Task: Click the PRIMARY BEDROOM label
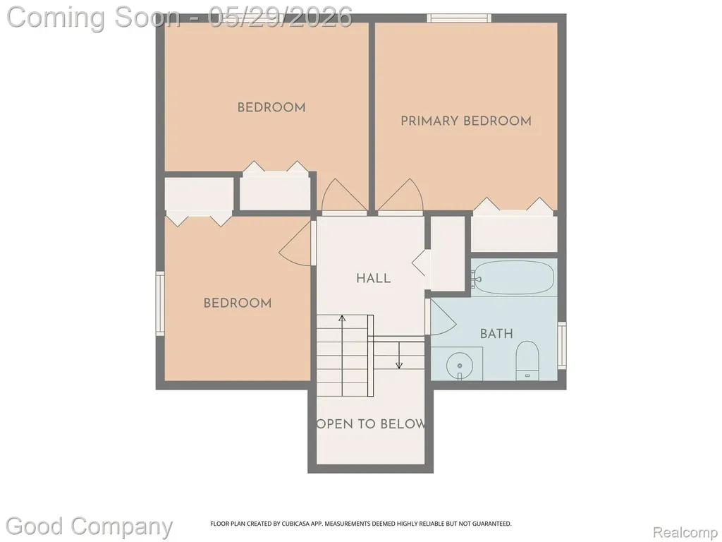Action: pos(466,121)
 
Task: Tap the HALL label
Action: pos(374,278)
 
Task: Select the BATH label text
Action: pos(496,334)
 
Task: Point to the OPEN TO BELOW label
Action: pos(371,424)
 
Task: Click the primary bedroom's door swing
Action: pos(400,197)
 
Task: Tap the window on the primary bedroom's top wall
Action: pos(459,18)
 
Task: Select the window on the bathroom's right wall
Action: pos(562,345)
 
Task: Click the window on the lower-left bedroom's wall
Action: pos(160,303)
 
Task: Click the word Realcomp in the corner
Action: pos(685,532)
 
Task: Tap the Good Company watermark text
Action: pos(89,527)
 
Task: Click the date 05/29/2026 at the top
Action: pos(280,18)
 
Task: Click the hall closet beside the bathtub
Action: pos(447,253)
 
